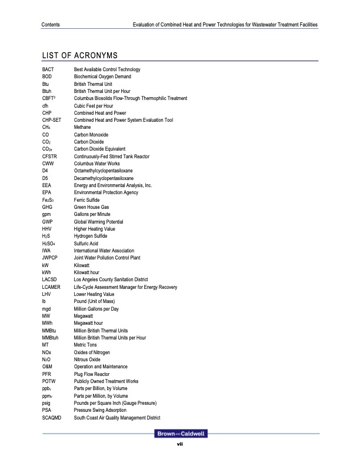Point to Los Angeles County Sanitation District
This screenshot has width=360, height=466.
(111, 279)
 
